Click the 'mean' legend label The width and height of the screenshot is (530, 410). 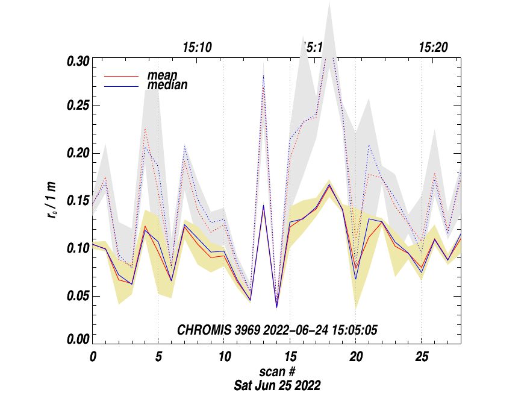[160, 76]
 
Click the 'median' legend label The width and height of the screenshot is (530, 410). [167, 85]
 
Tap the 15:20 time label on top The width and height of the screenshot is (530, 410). [433, 48]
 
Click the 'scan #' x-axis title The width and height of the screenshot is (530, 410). [277, 372]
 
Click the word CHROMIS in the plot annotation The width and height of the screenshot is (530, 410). [202, 330]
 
